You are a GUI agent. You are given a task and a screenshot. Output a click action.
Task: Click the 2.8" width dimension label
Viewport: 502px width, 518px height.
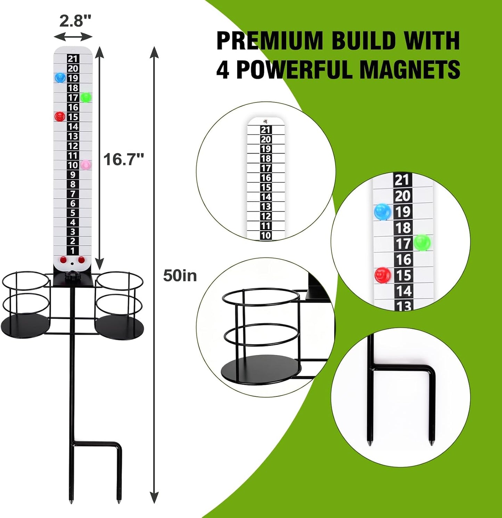point(75,21)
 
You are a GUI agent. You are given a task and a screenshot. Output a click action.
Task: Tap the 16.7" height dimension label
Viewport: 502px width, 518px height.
point(123,160)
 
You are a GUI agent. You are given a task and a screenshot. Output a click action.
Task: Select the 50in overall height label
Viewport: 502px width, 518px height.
point(180,276)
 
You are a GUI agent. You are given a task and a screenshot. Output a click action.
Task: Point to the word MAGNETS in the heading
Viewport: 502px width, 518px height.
point(410,69)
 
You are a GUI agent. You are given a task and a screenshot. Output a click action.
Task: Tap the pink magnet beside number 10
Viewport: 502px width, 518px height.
point(85,165)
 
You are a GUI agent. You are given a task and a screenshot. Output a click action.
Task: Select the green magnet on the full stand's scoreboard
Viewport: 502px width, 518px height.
point(85,98)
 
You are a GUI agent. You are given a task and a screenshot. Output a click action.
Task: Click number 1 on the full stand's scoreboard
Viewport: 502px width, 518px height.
point(73,250)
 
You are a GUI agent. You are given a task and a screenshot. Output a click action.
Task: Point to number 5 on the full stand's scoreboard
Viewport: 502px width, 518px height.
point(73,213)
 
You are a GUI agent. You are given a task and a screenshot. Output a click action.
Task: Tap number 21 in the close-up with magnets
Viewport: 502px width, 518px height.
point(402,180)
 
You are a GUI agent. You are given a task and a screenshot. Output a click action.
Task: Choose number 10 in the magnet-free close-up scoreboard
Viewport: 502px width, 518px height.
point(266,235)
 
